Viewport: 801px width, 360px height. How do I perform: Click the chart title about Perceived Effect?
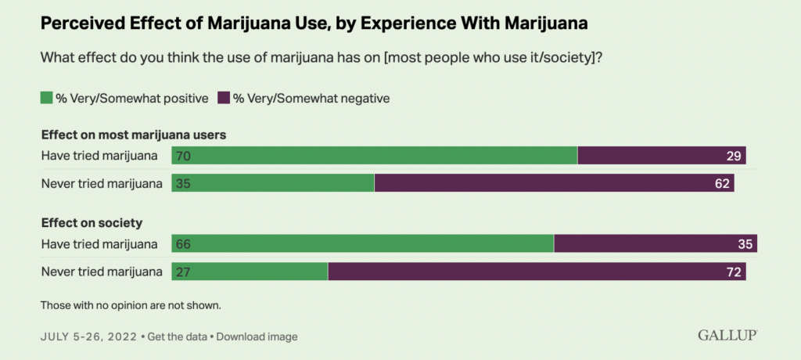(314, 24)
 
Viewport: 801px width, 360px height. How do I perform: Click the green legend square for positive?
(45, 98)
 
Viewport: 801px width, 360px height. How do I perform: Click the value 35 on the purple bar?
(744, 244)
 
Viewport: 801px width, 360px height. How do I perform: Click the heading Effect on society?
(91, 222)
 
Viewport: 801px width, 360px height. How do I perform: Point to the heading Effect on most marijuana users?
(133, 135)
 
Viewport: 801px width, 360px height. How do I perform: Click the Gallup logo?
(727, 336)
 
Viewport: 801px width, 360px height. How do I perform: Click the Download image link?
(257, 337)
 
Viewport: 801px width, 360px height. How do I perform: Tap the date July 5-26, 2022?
(88, 337)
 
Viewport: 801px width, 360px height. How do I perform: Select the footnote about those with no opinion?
(130, 304)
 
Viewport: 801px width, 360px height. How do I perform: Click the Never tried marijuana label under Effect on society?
(101, 272)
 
